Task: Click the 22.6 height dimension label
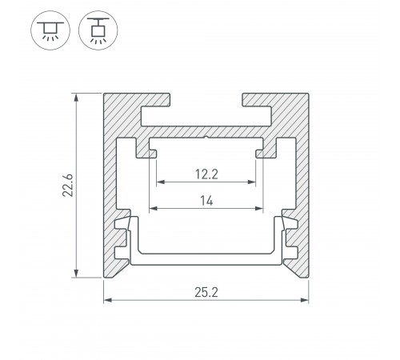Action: (x=68, y=186)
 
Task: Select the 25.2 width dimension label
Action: (x=206, y=293)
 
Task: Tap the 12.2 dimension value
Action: (x=206, y=174)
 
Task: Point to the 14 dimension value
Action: (x=206, y=201)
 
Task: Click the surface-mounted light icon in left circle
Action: (x=50, y=30)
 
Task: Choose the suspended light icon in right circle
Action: (x=98, y=30)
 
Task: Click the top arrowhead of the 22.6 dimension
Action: (x=76, y=98)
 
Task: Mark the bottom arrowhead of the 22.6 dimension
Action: (x=76, y=273)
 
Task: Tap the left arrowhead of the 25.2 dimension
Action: (x=108, y=300)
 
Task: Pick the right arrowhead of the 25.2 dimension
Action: (x=304, y=300)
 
